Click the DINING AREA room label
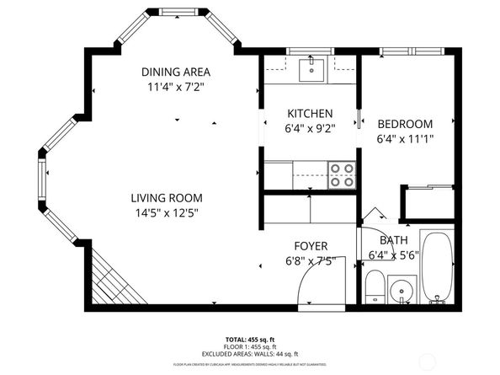(176, 72)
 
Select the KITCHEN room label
(310, 114)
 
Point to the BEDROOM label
(404, 124)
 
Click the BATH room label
(394, 239)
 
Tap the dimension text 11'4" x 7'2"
(176, 86)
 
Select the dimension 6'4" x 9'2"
(310, 128)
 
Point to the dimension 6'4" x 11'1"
(404, 138)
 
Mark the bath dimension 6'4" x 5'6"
(394, 254)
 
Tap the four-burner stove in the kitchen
(341, 174)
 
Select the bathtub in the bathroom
(438, 267)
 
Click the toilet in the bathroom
(375, 287)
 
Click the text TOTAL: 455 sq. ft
(249, 338)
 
